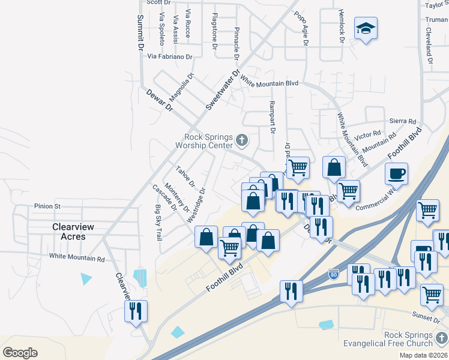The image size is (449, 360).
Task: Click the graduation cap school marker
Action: pyautogui.click(x=365, y=29)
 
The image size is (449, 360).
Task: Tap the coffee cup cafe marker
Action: pyautogui.click(x=396, y=175)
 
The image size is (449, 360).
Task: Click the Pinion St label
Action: pyautogui.click(x=47, y=206)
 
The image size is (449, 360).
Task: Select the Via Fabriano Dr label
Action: pyautogui.click(x=170, y=57)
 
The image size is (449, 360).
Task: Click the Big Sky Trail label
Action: pyautogui.click(x=158, y=223)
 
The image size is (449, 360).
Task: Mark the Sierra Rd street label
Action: pyautogui.click(x=402, y=121)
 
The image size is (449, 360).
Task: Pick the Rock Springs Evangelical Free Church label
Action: pyautogui.click(x=392, y=339)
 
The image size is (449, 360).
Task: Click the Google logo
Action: pyautogui.click(x=20, y=352)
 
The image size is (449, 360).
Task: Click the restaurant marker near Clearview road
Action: pyautogui.click(x=135, y=311)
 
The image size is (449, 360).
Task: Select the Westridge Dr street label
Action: pyautogui.click(x=196, y=205)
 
